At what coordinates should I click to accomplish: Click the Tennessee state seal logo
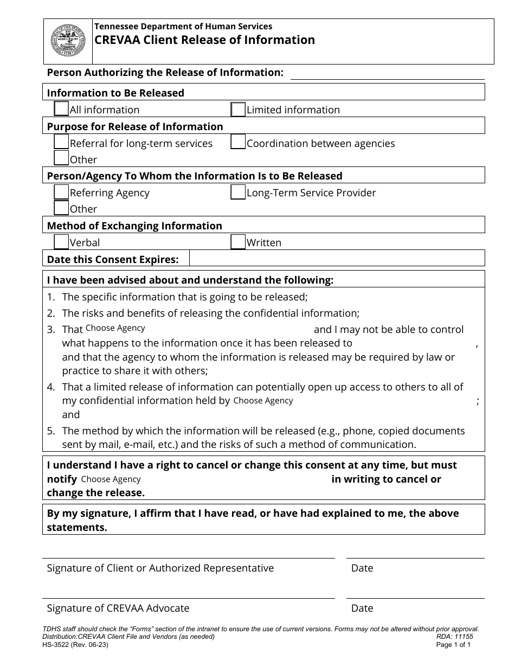click(x=68, y=41)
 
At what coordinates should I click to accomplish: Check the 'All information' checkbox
click(x=62, y=109)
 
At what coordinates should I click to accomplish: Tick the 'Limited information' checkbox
click(x=238, y=110)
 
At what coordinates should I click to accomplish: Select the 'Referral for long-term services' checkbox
click(x=62, y=143)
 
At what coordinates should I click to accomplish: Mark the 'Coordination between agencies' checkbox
click(x=238, y=143)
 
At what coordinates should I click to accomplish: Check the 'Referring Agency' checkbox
click(x=62, y=193)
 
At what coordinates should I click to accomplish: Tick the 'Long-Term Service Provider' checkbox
click(x=238, y=193)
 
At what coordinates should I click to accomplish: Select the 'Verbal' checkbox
click(x=62, y=242)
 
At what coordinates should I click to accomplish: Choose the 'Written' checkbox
click(x=238, y=242)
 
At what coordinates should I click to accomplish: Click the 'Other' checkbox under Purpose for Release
click(x=62, y=158)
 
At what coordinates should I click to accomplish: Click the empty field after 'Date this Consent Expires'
click(x=337, y=259)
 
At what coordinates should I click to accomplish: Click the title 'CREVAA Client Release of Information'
click(x=205, y=40)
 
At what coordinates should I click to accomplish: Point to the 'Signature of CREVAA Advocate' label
click(x=118, y=608)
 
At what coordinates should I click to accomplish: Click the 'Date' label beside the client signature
click(x=362, y=568)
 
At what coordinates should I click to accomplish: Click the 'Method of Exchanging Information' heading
click(x=134, y=226)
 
